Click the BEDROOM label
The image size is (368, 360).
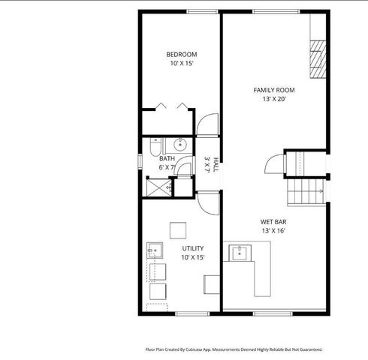(181, 54)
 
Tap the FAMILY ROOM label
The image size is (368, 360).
(273, 90)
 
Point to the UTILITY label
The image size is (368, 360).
(192, 247)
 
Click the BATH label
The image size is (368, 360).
(167, 158)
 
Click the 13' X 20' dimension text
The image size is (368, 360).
(273, 99)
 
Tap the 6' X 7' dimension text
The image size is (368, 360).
(167, 167)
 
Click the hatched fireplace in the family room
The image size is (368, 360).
(319, 54)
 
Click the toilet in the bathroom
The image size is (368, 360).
(155, 145)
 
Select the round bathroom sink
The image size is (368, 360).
(180, 145)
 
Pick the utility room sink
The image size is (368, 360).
(155, 250)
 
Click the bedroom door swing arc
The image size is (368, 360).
(208, 124)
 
